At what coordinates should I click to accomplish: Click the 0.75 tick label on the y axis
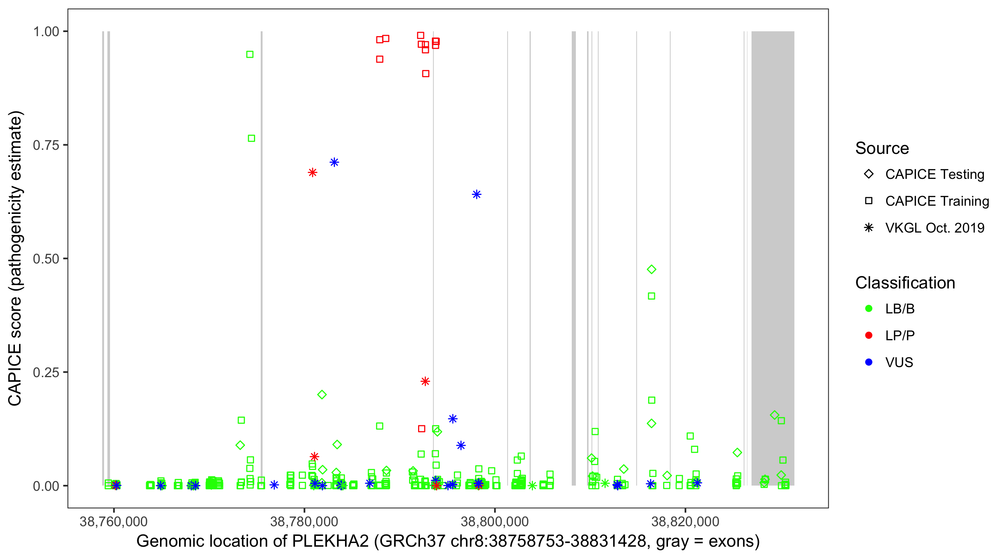[x=46, y=145]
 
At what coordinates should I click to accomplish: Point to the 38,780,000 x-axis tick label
[x=304, y=521]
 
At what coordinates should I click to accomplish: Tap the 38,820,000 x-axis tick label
[x=685, y=521]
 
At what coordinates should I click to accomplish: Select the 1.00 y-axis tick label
[x=46, y=31]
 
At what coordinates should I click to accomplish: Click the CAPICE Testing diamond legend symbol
[x=869, y=174]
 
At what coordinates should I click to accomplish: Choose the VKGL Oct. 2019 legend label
[x=934, y=228]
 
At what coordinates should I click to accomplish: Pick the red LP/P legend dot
[x=869, y=335]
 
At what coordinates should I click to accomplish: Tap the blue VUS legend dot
[x=869, y=362]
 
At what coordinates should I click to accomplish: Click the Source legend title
[x=882, y=148]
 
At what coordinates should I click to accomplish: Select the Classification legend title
[x=904, y=283]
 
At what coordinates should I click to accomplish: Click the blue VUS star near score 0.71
[x=334, y=162]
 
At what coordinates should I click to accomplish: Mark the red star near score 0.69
[x=312, y=172]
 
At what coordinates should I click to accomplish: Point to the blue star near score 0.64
[x=476, y=194]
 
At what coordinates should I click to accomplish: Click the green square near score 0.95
[x=250, y=54]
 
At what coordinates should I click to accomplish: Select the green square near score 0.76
[x=251, y=138]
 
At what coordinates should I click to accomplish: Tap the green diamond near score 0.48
[x=651, y=269]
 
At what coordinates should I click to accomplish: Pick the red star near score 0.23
[x=425, y=381]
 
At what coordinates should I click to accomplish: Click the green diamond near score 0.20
[x=322, y=395]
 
